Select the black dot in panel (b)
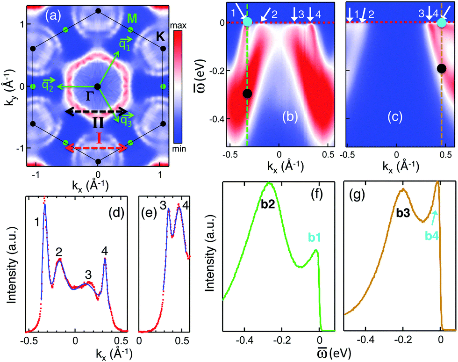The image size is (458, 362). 247,93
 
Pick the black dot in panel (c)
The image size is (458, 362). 441,69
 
